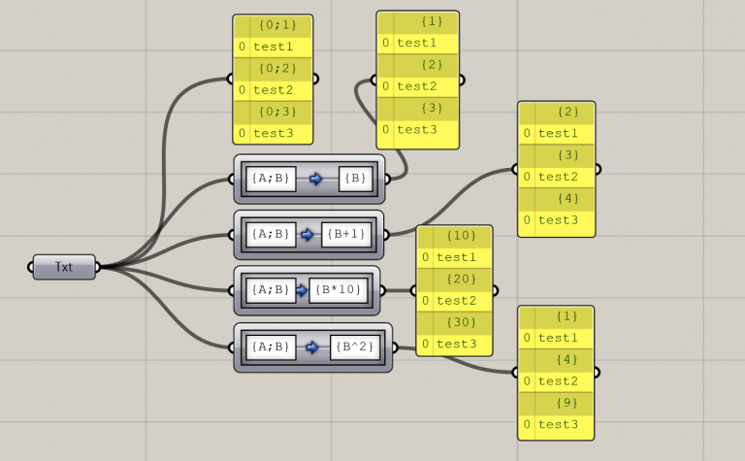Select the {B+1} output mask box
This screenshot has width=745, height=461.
[346, 234]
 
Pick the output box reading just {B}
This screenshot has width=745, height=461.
[355, 179]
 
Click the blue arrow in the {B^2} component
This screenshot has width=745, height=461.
[312, 346]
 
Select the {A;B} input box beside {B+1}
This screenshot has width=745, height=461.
[270, 234]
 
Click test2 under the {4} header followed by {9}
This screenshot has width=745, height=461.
[558, 381]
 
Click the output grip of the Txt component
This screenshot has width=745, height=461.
[97, 267]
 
